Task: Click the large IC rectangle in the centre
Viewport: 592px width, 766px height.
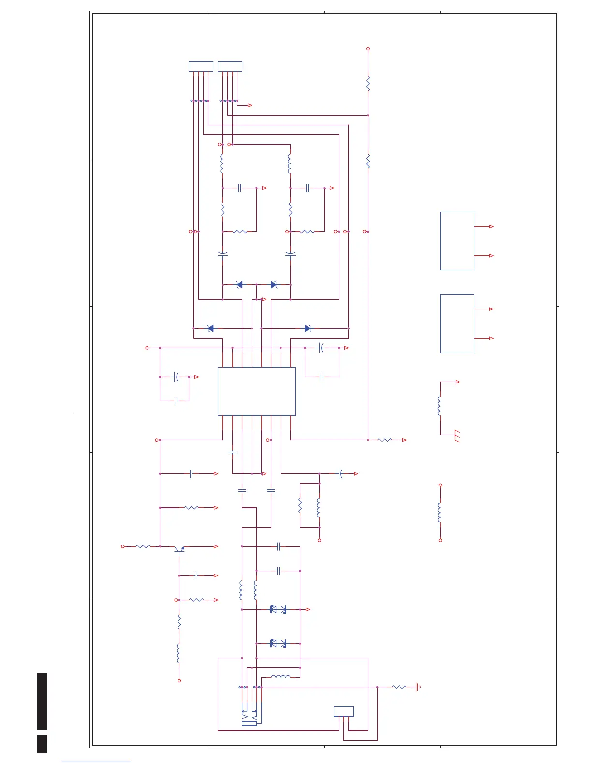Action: (256, 391)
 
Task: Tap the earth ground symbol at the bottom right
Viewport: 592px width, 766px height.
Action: (418, 687)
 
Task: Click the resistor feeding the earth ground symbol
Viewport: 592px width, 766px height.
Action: (399, 687)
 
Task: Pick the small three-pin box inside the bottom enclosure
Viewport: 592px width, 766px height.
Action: (343, 711)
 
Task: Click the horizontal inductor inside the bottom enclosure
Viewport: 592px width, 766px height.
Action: (281, 677)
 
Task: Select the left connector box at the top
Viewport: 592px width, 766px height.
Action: (201, 67)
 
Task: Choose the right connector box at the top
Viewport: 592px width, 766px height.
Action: (230, 67)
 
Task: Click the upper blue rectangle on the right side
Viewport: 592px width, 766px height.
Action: (457, 241)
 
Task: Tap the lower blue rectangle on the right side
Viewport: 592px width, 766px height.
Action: (457, 323)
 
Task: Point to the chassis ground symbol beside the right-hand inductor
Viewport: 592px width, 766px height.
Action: (457, 437)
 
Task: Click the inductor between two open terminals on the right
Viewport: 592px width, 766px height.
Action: (440, 513)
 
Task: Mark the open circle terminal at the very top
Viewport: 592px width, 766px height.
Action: (368, 49)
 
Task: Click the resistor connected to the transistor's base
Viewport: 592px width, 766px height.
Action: (143, 546)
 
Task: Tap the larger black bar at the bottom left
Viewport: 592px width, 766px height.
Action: (42, 701)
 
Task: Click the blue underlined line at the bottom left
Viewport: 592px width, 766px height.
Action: (96, 762)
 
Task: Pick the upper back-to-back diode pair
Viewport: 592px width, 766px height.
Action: (278, 610)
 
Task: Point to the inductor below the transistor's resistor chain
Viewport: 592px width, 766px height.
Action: (179, 654)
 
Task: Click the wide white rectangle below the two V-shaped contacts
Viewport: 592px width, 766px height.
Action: (249, 723)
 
